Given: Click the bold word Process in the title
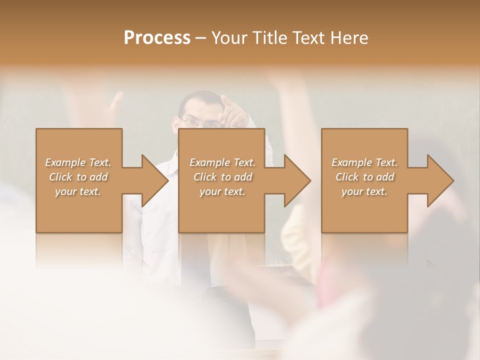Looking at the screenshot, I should tap(157, 38).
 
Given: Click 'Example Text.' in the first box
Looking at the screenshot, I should tap(78, 162).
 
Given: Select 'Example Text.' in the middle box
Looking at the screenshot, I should tap(222, 162).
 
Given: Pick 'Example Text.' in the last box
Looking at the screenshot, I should tap(364, 162).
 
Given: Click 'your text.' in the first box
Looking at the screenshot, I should tap(78, 191).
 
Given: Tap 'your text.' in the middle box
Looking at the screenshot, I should tap(222, 191).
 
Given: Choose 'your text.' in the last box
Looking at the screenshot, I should tap(364, 191).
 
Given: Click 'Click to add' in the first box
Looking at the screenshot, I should tap(78, 177).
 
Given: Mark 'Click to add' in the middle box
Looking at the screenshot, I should tap(222, 177).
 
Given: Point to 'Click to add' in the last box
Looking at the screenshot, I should tap(364, 177).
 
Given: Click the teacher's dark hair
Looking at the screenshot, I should tap(197, 96).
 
